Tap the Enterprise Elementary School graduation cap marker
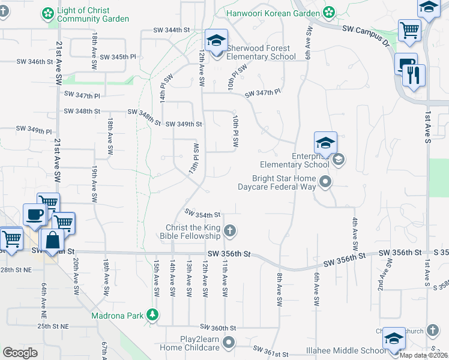(325, 143)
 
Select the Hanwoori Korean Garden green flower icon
(329, 12)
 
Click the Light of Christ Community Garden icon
(48, 13)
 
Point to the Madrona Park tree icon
(153, 314)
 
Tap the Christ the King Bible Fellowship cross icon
(229, 230)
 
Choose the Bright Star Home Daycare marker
(325, 181)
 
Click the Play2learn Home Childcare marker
(229, 343)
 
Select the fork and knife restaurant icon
(414, 75)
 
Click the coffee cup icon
(34, 215)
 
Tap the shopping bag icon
(53, 240)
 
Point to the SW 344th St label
(171, 29)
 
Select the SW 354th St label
(203, 214)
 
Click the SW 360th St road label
(218, 328)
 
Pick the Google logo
(20, 353)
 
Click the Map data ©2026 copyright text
(423, 355)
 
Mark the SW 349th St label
(183, 124)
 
